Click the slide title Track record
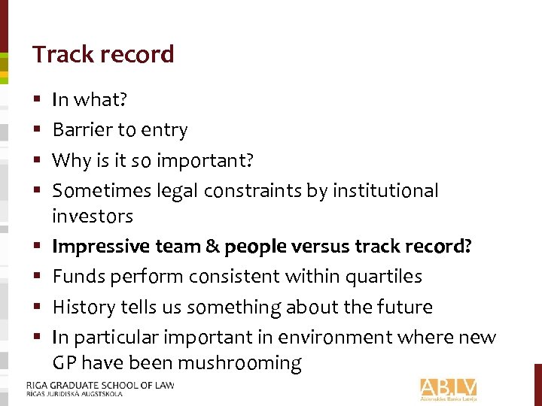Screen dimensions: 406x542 pyautogui.click(x=103, y=54)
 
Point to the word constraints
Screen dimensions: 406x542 pyautogui.click(x=256, y=191)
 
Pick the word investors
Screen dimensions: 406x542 pyautogui.click(x=92, y=217)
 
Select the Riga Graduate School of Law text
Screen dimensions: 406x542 pyautogui.click(x=100, y=386)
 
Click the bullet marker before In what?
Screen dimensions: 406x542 pyautogui.click(x=37, y=99)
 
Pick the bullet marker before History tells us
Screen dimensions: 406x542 pyautogui.click(x=37, y=308)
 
